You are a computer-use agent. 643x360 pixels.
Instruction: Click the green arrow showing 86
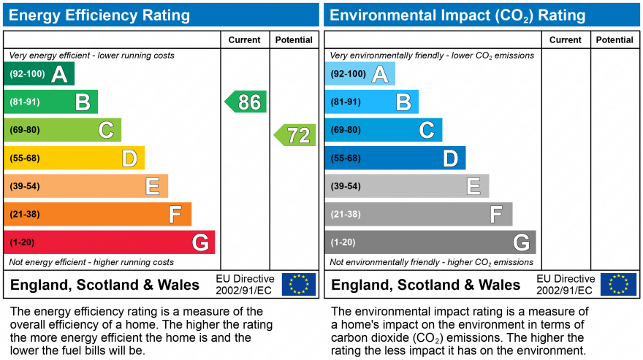246,102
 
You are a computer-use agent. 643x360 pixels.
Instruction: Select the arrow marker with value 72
295,135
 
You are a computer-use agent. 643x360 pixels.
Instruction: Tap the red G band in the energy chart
109,242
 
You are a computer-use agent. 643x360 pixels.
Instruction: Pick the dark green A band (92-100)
39,74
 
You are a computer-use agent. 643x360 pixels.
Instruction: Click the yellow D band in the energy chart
75,158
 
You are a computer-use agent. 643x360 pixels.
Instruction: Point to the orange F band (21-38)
98,214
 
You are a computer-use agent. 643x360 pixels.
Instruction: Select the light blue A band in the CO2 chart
360,74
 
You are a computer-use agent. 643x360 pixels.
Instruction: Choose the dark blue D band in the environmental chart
395,158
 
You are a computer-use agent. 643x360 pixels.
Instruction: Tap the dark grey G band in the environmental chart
430,242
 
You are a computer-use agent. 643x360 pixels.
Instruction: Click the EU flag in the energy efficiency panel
299,285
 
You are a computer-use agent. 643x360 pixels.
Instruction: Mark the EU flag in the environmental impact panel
619,285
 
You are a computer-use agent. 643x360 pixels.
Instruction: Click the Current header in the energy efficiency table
244,39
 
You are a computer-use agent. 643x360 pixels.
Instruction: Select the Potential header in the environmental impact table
615,39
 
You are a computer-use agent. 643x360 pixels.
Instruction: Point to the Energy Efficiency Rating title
99,15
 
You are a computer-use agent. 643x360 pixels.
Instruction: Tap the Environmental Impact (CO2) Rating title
457,15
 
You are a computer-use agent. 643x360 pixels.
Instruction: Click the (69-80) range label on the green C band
25,130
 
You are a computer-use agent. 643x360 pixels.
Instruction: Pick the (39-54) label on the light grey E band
346,186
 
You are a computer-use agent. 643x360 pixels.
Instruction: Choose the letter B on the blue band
403,102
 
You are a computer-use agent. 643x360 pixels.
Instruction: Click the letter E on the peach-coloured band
153,186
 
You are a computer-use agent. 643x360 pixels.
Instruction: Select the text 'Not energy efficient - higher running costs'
91,262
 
